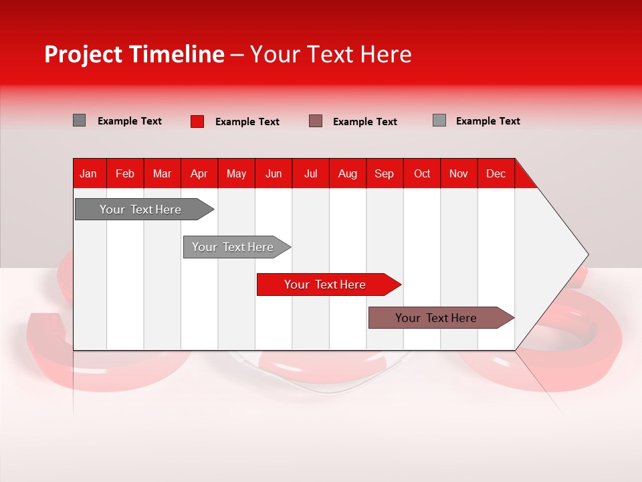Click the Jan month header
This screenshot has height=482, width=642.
click(89, 173)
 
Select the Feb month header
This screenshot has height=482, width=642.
click(125, 173)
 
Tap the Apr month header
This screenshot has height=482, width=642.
click(199, 173)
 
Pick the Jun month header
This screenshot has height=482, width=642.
click(274, 173)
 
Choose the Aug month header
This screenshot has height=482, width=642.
click(348, 173)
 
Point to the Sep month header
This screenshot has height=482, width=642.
click(385, 173)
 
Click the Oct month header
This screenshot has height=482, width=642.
click(422, 173)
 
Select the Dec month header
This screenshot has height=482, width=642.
click(496, 173)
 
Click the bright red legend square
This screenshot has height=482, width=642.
click(197, 121)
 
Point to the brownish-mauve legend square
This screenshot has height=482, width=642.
click(316, 121)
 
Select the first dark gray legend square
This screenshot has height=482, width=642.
click(79, 120)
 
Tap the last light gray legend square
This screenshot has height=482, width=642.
click(439, 120)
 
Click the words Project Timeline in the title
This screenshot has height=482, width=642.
click(134, 54)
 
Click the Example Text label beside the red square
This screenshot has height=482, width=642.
click(247, 122)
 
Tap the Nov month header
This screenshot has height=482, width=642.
click(459, 173)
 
